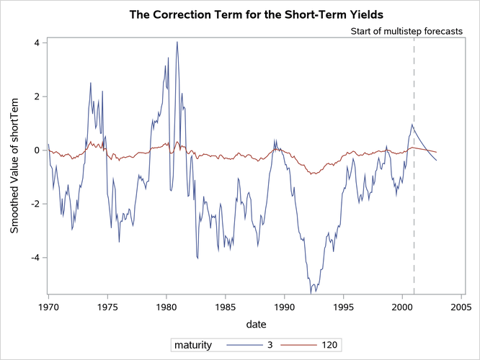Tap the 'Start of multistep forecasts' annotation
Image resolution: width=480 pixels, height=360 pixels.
pos(406,32)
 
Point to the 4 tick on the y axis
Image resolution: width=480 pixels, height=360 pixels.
pos(34,42)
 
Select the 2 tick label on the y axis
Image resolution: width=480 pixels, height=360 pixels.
pos(34,96)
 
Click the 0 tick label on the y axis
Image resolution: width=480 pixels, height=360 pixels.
pos(34,150)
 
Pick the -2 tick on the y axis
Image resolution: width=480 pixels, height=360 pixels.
pos(32,204)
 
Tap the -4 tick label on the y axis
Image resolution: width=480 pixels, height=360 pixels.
pos(32,257)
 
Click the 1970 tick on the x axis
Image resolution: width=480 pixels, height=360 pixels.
pos(48,306)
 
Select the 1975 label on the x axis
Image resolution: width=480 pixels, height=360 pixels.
pos(107,306)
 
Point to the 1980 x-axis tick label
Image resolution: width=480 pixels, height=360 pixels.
pos(166,306)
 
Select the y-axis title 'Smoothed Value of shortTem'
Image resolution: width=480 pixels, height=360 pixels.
pos(15,166)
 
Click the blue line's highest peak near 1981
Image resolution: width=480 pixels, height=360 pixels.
pos(177,42)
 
